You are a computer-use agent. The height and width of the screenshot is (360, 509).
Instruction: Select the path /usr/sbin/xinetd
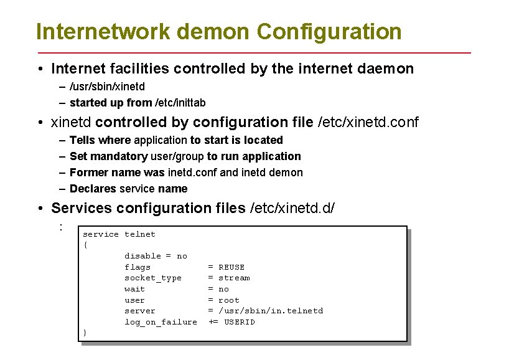(107, 87)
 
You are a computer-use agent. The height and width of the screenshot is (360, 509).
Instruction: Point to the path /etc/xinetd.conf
(368, 122)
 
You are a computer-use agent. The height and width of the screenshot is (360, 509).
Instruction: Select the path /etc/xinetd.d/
(292, 208)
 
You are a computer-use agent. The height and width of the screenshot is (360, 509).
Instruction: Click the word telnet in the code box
(140, 234)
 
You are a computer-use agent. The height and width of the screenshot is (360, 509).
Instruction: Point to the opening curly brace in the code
(85, 245)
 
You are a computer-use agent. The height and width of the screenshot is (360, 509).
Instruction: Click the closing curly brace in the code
(85, 333)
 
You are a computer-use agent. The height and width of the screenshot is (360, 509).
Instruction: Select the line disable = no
(156, 256)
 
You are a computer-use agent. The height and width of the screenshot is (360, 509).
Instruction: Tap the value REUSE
(231, 267)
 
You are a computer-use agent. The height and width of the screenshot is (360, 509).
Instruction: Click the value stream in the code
(234, 278)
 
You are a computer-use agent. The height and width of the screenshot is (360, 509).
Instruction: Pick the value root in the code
(229, 300)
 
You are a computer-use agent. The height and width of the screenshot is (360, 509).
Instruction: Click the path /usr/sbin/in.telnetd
(271, 311)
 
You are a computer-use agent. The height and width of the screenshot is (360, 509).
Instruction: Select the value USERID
(240, 322)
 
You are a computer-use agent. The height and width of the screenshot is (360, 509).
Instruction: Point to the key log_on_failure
(161, 322)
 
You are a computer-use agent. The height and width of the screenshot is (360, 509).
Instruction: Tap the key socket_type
(153, 278)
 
